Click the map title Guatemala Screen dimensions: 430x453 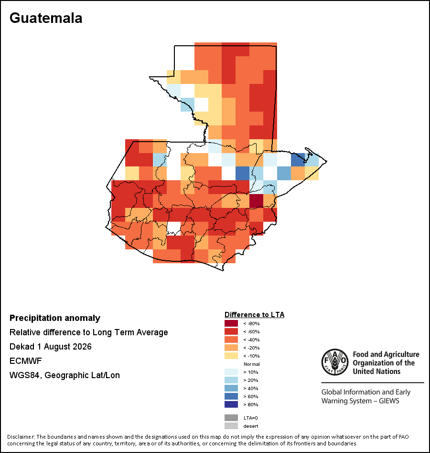[x=46, y=18]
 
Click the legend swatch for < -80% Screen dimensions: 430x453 [x=231, y=323]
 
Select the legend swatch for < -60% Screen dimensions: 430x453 [x=231, y=331]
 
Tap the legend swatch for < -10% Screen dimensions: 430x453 [x=231, y=356]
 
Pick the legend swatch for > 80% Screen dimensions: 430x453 [x=231, y=404]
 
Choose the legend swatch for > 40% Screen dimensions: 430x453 [x=231, y=388]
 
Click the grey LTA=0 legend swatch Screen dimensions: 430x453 [x=231, y=418]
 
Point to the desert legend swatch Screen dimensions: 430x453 [x=231, y=426]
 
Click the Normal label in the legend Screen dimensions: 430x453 [x=252, y=364]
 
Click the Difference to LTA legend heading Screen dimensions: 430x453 [x=254, y=315]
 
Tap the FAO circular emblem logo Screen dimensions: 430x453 [x=335, y=362]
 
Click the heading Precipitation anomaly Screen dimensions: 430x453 [x=55, y=318]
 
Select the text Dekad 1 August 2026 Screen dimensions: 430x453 [x=50, y=346]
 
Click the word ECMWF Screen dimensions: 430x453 [x=25, y=361]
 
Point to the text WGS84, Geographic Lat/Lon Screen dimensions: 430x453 [x=64, y=375]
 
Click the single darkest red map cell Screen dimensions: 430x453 [x=256, y=201]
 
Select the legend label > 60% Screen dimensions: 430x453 [x=251, y=396]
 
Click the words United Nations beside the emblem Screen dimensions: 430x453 [x=376, y=371]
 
